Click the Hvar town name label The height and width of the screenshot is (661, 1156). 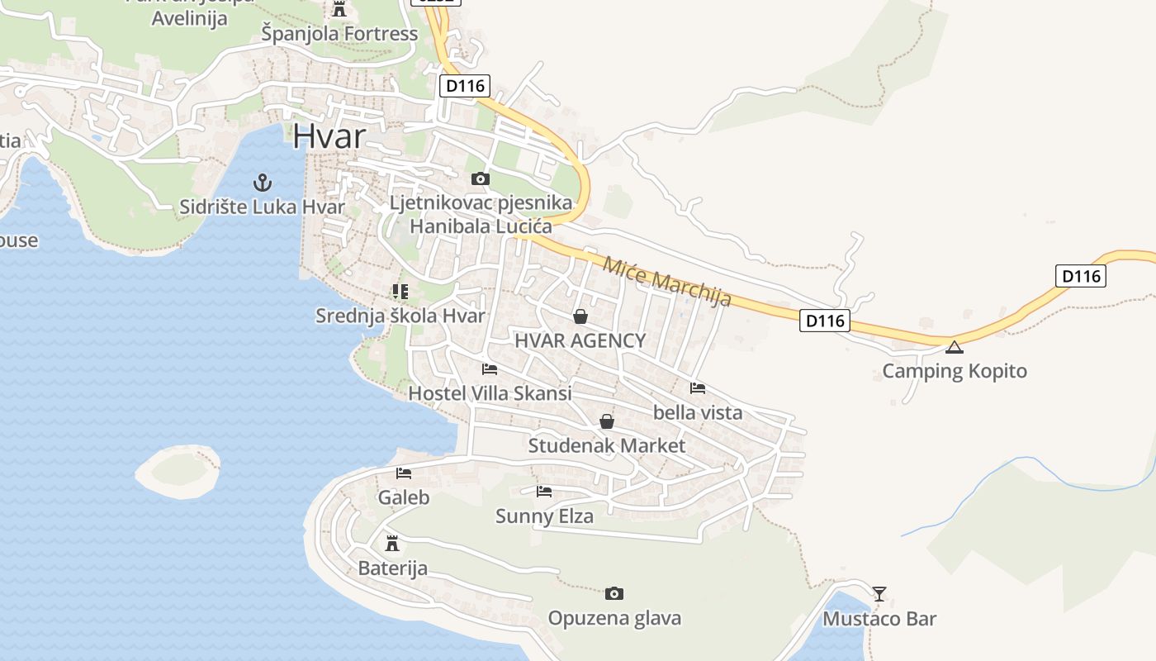click(x=329, y=136)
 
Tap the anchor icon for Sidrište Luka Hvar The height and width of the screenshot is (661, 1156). click(x=263, y=182)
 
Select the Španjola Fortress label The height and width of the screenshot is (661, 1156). click(x=339, y=34)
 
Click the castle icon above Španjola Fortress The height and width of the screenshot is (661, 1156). click(x=339, y=9)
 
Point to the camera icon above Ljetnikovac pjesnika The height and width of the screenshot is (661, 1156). click(x=480, y=178)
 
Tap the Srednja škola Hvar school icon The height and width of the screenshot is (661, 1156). click(x=400, y=291)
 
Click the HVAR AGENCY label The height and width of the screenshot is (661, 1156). click(x=580, y=340)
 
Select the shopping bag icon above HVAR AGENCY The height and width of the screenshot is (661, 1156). click(x=580, y=316)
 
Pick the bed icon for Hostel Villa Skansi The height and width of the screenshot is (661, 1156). click(x=490, y=369)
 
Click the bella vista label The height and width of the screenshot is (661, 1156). click(x=698, y=412)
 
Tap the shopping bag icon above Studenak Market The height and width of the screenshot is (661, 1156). click(x=607, y=421)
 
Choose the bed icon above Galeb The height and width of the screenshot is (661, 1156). click(x=404, y=473)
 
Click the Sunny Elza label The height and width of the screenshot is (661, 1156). click(x=544, y=516)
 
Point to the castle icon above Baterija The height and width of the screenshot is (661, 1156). click(x=392, y=544)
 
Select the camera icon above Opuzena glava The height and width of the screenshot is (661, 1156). click(x=614, y=593)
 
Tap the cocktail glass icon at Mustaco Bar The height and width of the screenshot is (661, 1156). click(x=879, y=593)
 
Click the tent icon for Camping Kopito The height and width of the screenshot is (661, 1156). click(x=955, y=347)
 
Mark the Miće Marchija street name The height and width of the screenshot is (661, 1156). click(x=667, y=282)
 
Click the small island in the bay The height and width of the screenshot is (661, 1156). click(x=178, y=471)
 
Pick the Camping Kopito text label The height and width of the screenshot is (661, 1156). click(x=955, y=371)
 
